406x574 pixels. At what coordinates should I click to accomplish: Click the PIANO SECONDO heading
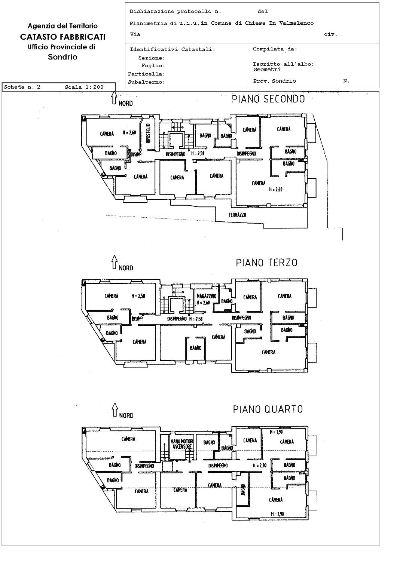click(268, 99)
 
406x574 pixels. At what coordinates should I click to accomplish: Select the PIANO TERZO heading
click(266, 263)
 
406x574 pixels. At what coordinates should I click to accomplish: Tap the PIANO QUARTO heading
click(268, 409)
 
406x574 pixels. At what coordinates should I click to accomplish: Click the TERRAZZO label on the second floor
click(237, 215)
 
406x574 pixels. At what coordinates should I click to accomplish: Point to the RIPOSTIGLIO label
click(148, 133)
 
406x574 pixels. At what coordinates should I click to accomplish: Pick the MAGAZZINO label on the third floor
click(207, 296)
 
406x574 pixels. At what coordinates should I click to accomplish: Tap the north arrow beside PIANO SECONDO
click(114, 98)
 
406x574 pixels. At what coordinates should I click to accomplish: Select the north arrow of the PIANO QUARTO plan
click(115, 410)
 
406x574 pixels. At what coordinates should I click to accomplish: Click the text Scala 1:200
click(84, 87)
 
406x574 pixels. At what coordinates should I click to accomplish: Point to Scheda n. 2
click(22, 87)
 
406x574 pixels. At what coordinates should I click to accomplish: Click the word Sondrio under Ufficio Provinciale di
click(62, 57)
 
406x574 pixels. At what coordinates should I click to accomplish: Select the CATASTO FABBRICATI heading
click(62, 37)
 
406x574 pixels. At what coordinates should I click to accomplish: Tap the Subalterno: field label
click(146, 82)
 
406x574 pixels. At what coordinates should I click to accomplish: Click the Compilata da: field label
click(275, 49)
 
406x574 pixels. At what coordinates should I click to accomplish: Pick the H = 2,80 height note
click(260, 465)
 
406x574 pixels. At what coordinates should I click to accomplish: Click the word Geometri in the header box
click(267, 70)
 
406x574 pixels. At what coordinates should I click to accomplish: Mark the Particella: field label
click(146, 74)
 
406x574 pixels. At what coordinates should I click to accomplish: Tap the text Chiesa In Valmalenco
click(279, 23)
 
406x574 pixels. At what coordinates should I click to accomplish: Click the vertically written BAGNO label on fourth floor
click(243, 489)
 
